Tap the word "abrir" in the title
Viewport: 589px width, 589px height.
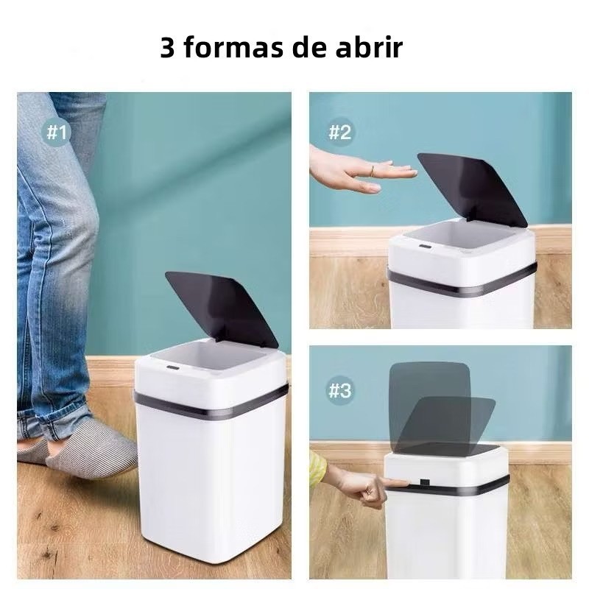point(369,47)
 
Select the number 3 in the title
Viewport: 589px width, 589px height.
point(168,48)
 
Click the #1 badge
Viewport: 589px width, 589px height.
point(57,133)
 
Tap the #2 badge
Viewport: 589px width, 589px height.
point(339,133)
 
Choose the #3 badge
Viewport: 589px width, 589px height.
point(339,391)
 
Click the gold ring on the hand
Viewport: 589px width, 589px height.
point(373,171)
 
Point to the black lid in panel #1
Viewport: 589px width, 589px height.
point(222,308)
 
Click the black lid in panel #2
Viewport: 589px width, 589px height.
point(473,189)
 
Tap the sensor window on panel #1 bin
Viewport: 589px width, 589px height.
point(173,366)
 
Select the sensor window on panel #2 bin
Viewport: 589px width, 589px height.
point(425,247)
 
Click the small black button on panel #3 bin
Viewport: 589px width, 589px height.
point(426,482)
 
